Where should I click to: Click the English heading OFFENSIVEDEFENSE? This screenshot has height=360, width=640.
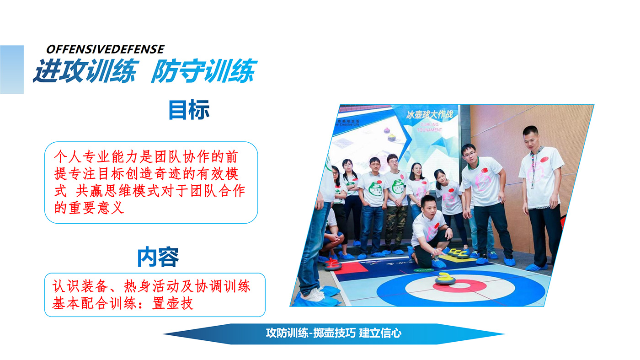tap(105, 49)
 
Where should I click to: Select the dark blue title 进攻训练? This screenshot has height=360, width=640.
tap(86, 71)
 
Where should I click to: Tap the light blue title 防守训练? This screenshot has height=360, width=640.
tap(204, 71)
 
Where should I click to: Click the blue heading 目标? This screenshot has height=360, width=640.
tap(189, 110)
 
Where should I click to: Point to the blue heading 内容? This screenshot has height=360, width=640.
tap(158, 257)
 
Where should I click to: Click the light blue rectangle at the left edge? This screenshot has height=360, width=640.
tap(12, 70)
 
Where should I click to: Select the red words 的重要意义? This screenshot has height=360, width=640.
tap(89, 208)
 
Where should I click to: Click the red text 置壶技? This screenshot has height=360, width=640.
tap(173, 304)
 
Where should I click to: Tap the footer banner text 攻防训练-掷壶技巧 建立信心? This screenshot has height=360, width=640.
tap(333, 333)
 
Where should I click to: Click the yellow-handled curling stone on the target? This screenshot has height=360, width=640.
tap(445, 279)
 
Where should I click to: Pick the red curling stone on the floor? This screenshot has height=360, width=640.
tap(333, 264)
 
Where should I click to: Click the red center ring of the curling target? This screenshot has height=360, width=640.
tap(460, 286)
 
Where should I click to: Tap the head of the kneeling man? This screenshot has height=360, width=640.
tap(429, 207)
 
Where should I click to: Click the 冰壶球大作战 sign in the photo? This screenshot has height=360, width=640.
tap(430, 115)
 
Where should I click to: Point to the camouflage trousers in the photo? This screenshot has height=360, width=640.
tap(396, 226)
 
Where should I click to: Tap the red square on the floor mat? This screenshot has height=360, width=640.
tap(350, 268)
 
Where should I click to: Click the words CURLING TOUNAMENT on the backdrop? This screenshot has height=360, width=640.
tap(429, 127)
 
